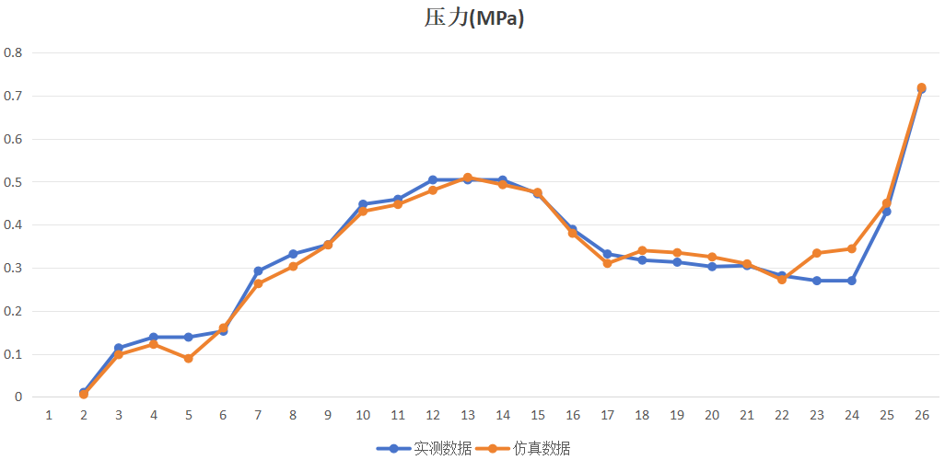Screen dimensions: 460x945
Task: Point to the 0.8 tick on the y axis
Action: pos(13,52)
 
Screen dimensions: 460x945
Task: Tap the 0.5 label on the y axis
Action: pos(13,182)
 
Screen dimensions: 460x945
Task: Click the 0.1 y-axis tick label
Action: pos(13,354)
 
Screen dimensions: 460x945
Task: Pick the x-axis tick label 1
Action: pos(49,415)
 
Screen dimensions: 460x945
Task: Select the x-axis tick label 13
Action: pos(468,415)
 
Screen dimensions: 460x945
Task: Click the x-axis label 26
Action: pos(921,415)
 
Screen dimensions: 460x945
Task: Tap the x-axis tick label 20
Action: pos(712,415)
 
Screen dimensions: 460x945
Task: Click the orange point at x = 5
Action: pos(188,358)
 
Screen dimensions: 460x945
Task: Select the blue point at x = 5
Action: pos(188,337)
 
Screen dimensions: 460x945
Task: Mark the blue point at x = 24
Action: pos(851,281)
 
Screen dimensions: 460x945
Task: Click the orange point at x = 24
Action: pos(851,248)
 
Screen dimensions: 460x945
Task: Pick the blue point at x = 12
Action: pos(433,180)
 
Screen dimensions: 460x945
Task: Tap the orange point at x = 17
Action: pos(607,263)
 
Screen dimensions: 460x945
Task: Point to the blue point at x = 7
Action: pos(258,271)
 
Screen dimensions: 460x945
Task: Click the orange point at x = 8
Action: pos(293,267)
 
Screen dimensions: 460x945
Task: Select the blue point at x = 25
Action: pos(886,212)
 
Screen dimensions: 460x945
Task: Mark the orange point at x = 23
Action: pos(816,253)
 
